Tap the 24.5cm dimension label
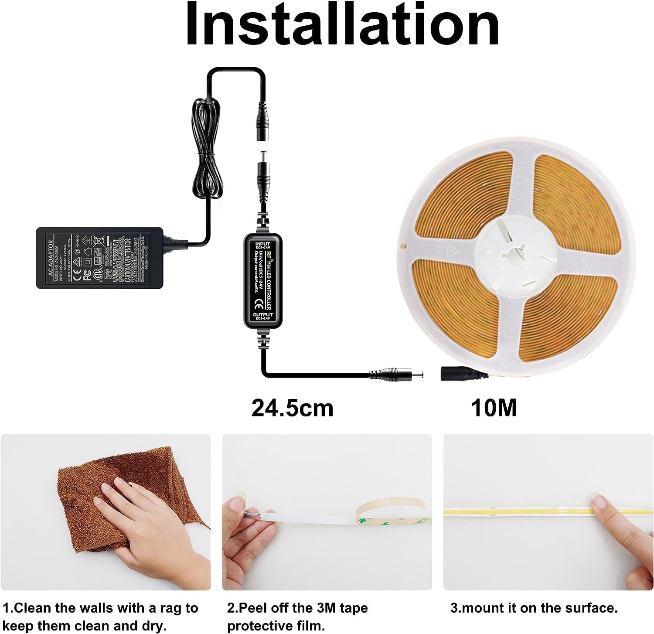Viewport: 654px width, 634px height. [292, 408]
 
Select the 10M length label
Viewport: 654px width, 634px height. [494, 408]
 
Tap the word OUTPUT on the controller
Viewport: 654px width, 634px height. [262, 314]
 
